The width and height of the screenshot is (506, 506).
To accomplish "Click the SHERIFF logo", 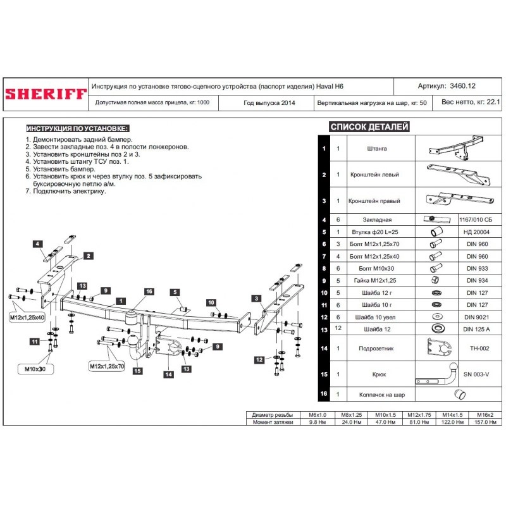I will [x=46, y=94].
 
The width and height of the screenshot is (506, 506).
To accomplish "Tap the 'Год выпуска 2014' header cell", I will [x=269, y=102].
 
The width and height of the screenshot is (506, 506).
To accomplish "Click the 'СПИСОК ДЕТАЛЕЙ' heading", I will [x=369, y=127].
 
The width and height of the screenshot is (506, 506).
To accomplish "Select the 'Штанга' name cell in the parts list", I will [x=376, y=149].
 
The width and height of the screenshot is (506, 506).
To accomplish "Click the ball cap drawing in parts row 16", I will [x=464, y=395].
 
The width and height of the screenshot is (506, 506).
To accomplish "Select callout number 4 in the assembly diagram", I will [x=38, y=244].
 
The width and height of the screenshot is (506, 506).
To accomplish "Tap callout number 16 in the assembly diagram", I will [x=149, y=292].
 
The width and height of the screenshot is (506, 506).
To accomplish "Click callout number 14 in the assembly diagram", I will [x=169, y=374].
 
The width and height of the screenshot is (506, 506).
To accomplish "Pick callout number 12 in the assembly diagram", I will [x=259, y=360].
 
